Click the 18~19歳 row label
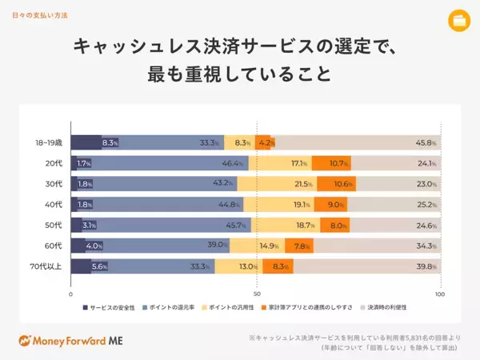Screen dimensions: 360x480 (x=50, y=143)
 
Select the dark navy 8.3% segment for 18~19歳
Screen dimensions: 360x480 (x=86, y=143)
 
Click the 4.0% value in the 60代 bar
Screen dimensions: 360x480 (x=94, y=246)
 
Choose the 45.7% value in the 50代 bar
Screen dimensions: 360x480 (x=238, y=225)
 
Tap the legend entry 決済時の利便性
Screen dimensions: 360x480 (x=386, y=306)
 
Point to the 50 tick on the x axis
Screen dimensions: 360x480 (x=256, y=294)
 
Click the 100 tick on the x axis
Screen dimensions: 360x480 (x=438, y=294)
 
